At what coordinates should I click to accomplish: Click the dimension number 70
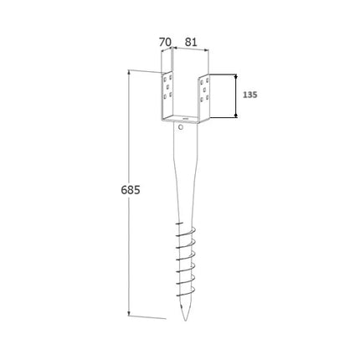point(165,43)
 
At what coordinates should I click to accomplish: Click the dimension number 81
point(191,42)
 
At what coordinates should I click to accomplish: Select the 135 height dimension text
point(249,95)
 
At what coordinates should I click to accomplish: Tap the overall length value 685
point(131,190)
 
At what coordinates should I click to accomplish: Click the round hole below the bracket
point(181,128)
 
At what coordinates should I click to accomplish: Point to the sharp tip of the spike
point(185,321)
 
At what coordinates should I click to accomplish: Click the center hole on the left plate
point(167,86)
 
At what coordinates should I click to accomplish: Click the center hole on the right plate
point(204,90)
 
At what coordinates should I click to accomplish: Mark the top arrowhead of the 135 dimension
point(236,76)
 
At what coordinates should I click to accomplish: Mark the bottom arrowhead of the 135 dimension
point(236,115)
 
